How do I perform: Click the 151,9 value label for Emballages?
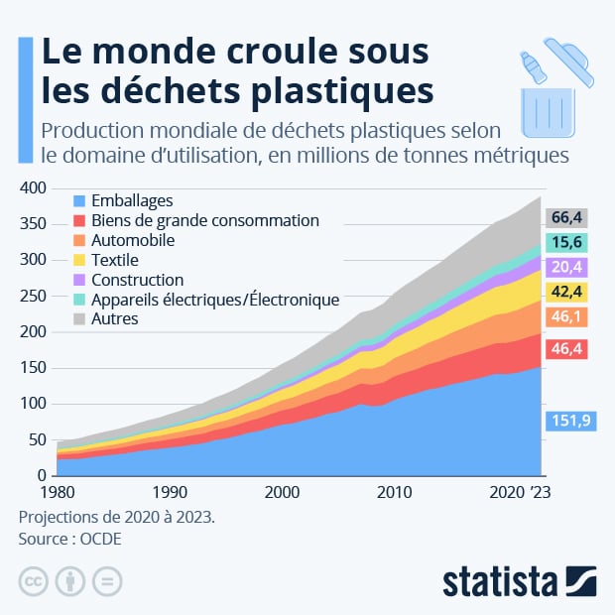(568, 422)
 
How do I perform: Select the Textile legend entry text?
(114, 260)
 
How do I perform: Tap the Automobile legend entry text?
(132, 240)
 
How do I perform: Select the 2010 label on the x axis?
(394, 491)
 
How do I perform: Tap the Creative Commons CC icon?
(34, 581)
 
